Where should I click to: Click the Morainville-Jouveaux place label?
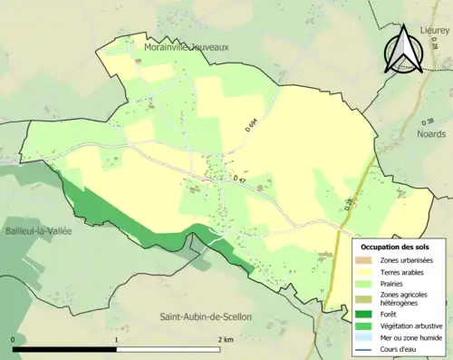point(187,45)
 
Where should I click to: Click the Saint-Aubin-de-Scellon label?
point(206,316)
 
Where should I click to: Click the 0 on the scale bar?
point(14,339)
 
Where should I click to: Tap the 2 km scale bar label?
point(223,339)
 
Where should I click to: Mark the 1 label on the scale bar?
point(116,339)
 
